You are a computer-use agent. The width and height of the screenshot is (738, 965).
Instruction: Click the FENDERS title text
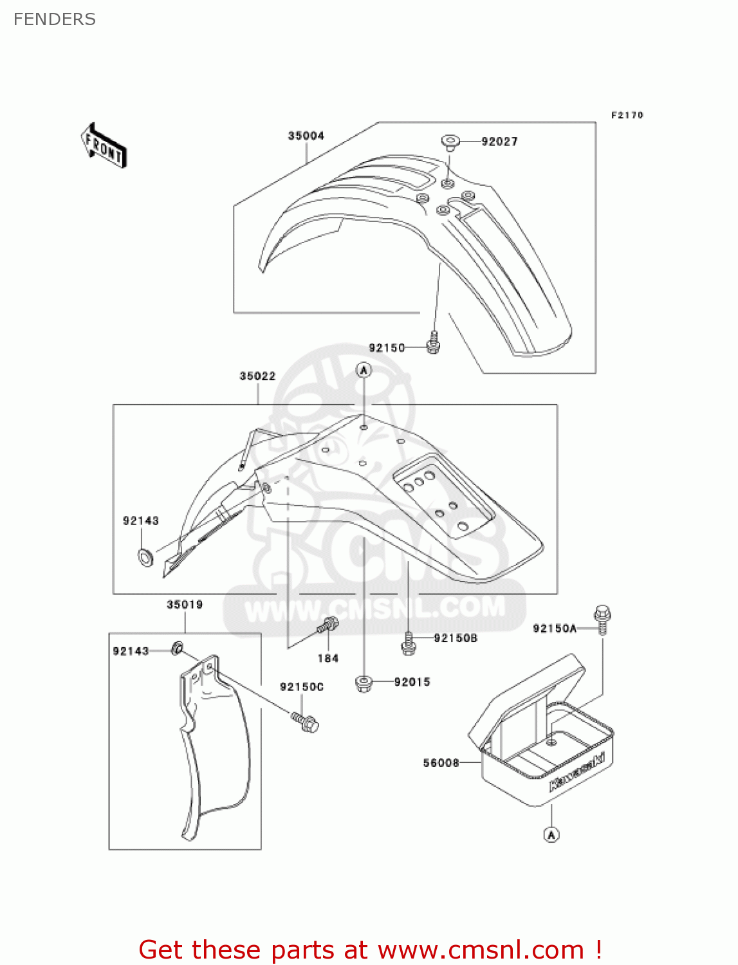(x=55, y=19)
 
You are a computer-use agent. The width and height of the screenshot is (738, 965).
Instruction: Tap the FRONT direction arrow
(x=104, y=146)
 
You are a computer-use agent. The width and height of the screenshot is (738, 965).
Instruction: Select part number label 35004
(x=306, y=136)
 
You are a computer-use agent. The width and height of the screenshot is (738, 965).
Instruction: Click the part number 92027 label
(x=499, y=142)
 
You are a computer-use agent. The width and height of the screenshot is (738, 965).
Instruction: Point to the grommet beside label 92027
(x=450, y=142)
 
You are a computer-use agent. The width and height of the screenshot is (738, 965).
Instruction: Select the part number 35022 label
(x=257, y=376)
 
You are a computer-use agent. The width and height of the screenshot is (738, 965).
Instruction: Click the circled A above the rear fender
(x=364, y=370)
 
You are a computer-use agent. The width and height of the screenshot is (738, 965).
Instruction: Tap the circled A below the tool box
(x=551, y=834)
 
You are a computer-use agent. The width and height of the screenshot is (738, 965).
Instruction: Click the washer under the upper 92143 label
(x=147, y=556)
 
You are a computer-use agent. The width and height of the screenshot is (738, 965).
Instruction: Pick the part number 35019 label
(x=185, y=605)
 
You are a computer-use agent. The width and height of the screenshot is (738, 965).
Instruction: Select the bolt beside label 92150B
(x=408, y=643)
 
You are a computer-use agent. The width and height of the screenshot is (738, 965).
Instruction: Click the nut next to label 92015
(x=364, y=683)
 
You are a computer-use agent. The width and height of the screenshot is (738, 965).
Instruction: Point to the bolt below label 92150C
(x=305, y=722)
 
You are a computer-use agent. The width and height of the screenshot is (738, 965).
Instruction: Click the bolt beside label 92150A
(x=602, y=619)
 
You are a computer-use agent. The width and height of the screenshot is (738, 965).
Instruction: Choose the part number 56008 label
(x=441, y=763)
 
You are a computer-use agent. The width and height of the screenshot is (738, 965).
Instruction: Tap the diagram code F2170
(x=627, y=115)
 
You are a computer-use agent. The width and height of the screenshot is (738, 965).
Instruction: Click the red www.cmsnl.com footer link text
(x=480, y=950)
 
